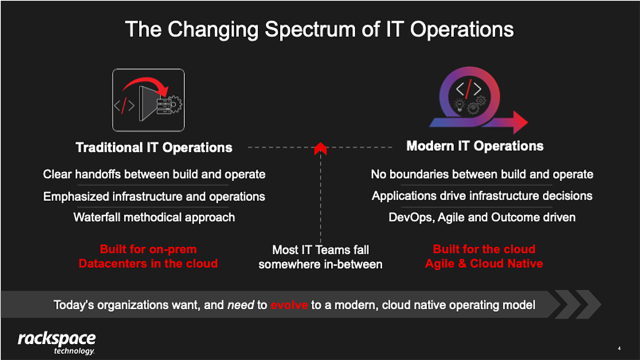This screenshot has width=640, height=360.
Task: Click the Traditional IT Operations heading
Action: pos(154,147)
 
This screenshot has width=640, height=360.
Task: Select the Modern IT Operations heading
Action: pos(475,146)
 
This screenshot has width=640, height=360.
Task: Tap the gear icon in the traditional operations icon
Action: pos(174,104)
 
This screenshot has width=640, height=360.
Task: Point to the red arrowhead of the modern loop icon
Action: pos(520,122)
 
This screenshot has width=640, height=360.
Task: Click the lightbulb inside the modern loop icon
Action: pos(459,104)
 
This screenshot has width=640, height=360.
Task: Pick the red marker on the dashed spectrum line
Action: pos(320,148)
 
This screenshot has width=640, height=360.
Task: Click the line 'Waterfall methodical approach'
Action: pos(154,217)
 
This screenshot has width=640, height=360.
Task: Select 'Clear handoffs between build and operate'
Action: pos(154,174)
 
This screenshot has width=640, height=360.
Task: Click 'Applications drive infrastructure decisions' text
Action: pos(482,196)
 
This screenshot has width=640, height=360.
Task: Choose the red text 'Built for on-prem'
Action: pos(148,249)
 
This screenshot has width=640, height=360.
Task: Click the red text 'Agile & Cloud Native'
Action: pos(484,263)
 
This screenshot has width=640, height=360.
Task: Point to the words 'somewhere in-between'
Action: pos(320,264)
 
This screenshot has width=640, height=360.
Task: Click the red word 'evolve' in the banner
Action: pos(289,305)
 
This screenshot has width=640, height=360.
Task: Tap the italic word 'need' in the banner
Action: pos(240,305)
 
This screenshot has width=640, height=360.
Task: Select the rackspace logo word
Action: pos(57,339)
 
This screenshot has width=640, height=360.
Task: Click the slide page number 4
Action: pos(619,348)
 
